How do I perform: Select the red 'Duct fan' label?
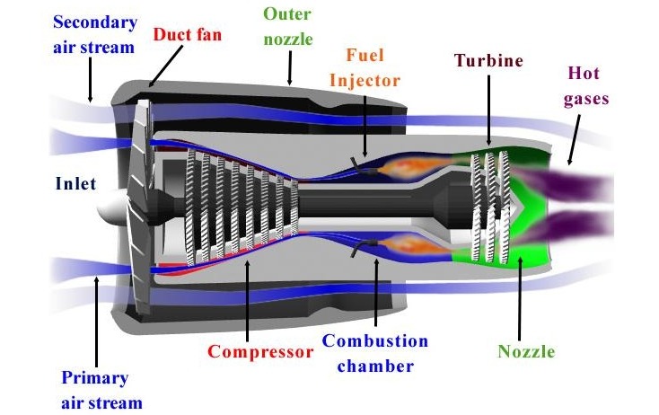tap(188, 37)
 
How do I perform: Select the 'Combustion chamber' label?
tap(375, 352)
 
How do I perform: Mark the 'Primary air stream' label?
tap(94, 389)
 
